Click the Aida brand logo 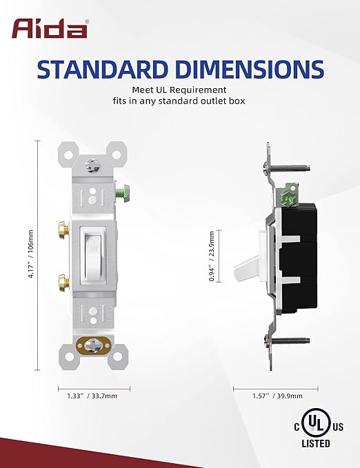point(50,29)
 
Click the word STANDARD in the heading point(101,69)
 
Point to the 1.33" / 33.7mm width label point(92,396)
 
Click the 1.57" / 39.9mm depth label point(277,396)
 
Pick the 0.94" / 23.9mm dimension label point(212,256)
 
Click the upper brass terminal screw point(63,230)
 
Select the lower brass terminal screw point(63,282)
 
